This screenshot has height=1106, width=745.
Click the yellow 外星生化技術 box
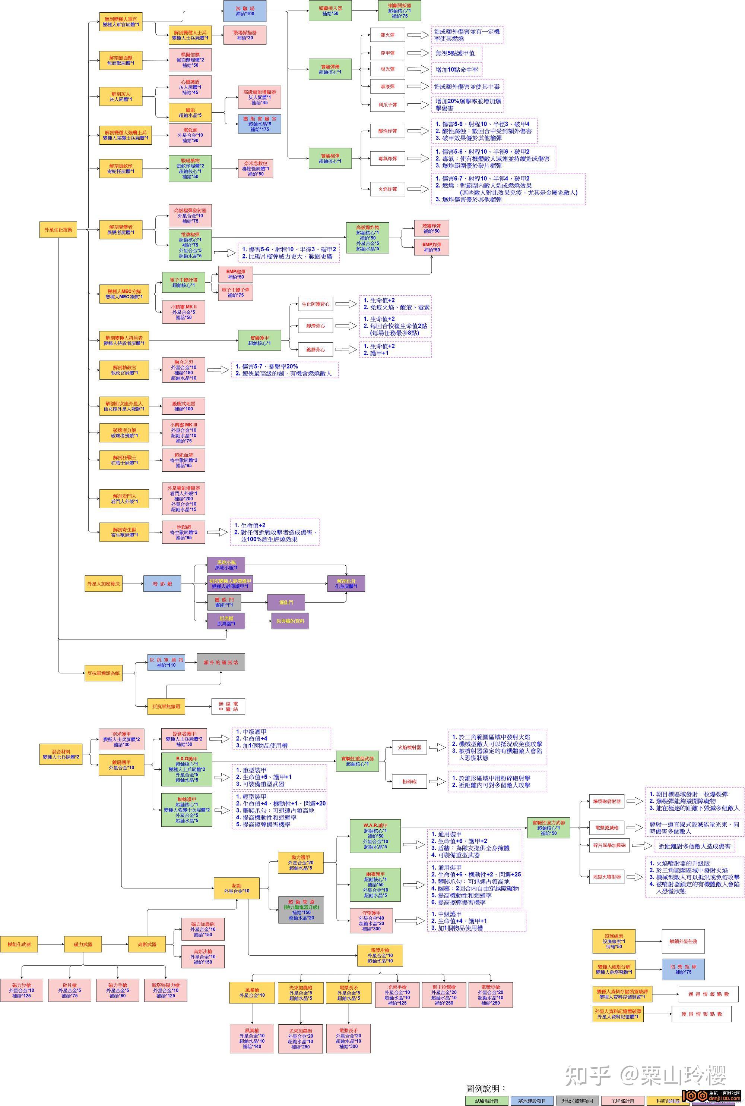(x=58, y=230)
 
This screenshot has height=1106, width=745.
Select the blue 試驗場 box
(x=245, y=11)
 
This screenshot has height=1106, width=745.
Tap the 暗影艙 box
(x=162, y=584)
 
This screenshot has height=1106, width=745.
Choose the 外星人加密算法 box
(x=104, y=584)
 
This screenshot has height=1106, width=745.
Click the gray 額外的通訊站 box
(x=221, y=662)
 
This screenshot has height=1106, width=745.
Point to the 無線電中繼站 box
(x=228, y=706)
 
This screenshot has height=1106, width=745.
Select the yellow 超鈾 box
(x=237, y=888)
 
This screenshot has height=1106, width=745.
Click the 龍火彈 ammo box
(x=388, y=35)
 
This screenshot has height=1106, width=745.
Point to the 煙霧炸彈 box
(x=431, y=228)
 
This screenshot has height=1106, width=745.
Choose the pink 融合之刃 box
(x=183, y=370)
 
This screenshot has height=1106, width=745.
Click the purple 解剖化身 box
(x=346, y=584)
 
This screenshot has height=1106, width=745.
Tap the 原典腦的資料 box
(x=290, y=621)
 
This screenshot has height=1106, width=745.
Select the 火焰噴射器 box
(x=409, y=747)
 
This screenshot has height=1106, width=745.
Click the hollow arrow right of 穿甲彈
(x=418, y=53)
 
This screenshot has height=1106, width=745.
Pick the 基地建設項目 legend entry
(x=532, y=1096)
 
